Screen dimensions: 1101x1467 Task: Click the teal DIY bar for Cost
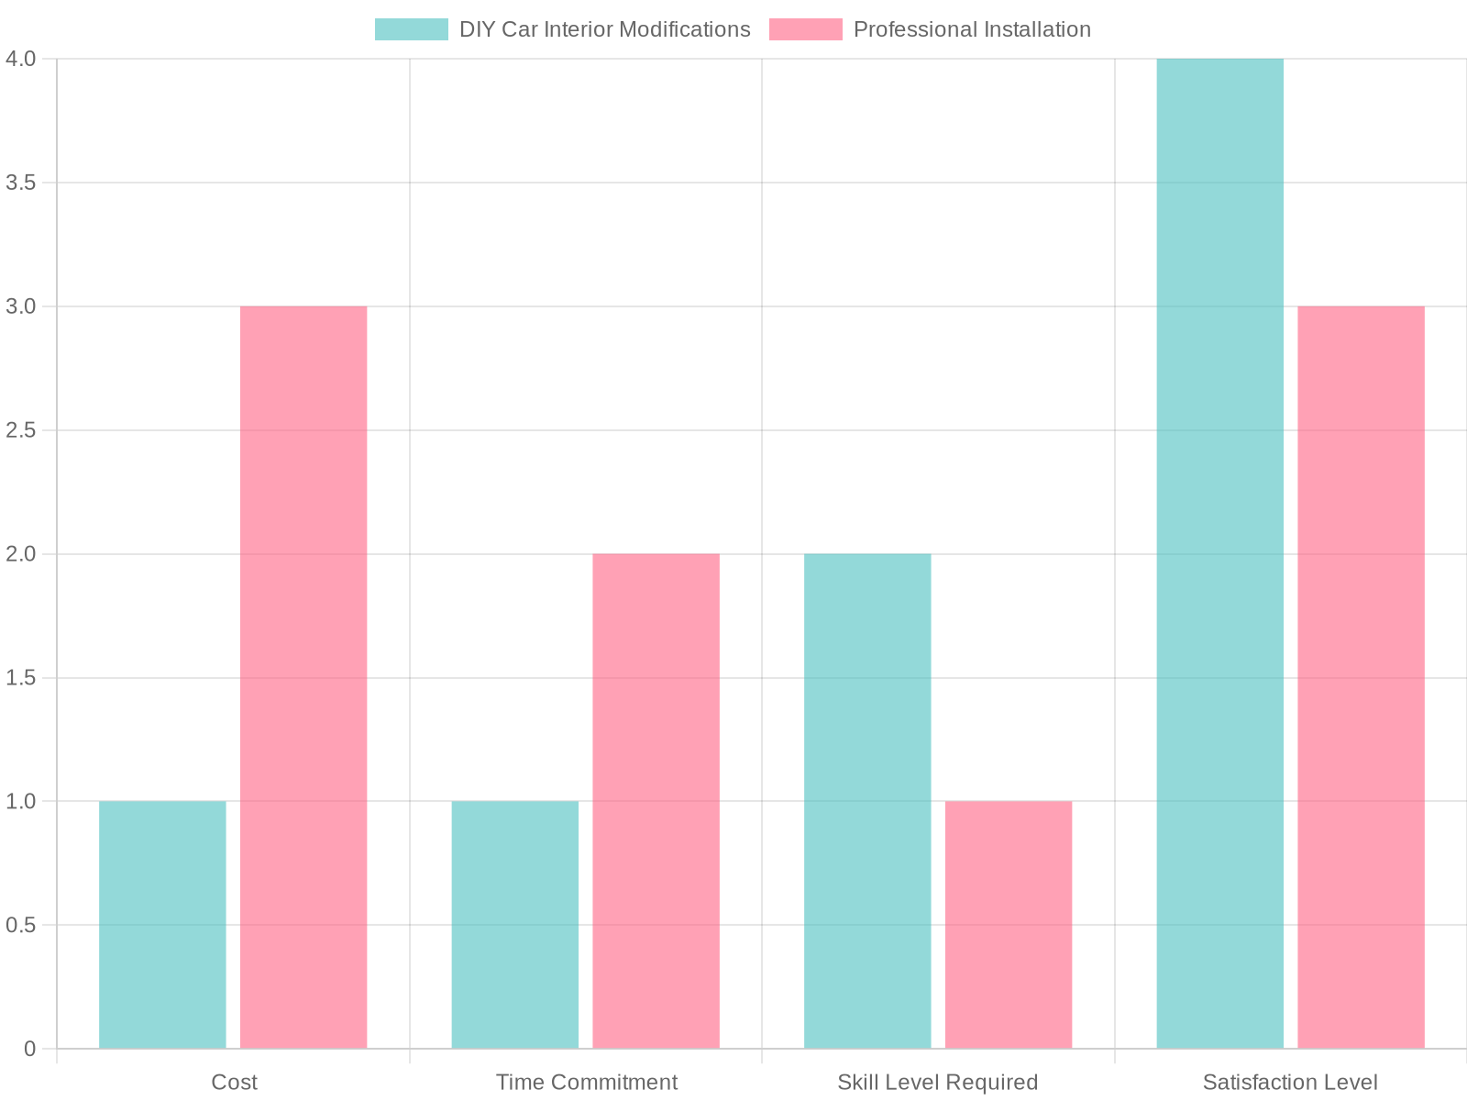(162, 925)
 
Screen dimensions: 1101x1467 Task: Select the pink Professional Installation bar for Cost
(303, 677)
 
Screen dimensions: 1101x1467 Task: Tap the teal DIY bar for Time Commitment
(515, 925)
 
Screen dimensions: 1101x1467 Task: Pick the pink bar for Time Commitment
(656, 801)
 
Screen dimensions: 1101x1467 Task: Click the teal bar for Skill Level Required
(867, 801)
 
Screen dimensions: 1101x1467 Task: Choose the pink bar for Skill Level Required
(1009, 925)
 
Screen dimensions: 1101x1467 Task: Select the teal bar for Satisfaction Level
(1219, 553)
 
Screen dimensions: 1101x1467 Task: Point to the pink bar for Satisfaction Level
(1361, 677)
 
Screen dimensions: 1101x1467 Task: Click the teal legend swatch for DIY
(412, 29)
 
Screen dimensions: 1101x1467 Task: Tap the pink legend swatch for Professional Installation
(805, 29)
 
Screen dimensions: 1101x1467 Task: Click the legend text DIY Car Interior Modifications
(604, 29)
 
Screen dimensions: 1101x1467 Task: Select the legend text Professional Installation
(972, 29)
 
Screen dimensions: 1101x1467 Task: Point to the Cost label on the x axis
(234, 1083)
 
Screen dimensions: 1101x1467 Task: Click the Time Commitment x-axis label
(587, 1083)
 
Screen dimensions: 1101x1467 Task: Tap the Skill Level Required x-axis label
(938, 1083)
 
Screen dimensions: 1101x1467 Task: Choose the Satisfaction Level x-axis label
(1290, 1083)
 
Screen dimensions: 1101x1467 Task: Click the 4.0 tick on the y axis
(21, 59)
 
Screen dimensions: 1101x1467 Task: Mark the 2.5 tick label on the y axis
(21, 430)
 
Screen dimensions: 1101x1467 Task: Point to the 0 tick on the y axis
(30, 1049)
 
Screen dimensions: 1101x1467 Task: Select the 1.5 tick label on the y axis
(21, 678)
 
